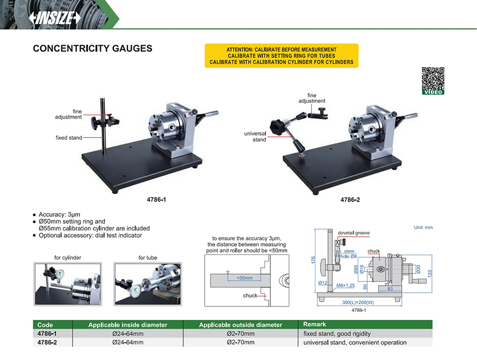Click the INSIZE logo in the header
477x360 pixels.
56,17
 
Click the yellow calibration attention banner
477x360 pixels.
281,56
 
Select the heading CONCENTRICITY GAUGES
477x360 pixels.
93,49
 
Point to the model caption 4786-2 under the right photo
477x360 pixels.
350,201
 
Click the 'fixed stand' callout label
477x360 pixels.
69,138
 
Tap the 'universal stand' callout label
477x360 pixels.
255,137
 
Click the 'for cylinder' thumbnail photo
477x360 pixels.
68,283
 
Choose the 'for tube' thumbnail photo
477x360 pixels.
148,283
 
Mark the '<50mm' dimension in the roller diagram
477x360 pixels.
244,278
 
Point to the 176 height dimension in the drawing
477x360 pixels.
313,260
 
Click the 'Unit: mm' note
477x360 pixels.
423,227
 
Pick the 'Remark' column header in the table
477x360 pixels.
314,324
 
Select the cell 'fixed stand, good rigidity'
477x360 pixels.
337,333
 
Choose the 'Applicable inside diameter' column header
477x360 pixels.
128,324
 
